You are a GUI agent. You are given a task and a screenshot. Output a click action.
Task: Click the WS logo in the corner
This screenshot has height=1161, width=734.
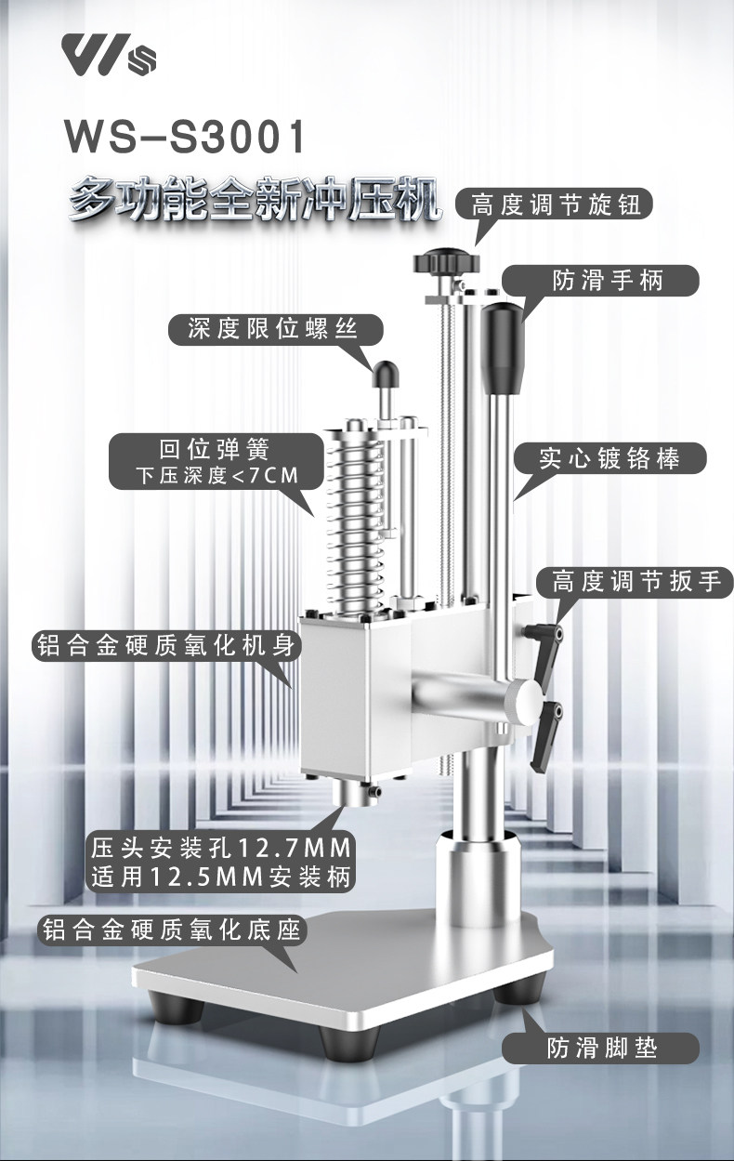110,56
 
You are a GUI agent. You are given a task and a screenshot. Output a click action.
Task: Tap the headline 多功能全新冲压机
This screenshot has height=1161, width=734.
255,199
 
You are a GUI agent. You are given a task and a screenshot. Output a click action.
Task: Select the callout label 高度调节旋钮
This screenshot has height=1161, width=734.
556,204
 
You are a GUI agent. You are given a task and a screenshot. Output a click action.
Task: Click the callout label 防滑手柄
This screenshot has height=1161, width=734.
608,282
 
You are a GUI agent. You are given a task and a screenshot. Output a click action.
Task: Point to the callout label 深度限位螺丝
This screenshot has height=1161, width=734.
273,329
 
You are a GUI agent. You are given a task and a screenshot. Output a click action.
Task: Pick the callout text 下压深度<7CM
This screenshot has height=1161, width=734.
217,475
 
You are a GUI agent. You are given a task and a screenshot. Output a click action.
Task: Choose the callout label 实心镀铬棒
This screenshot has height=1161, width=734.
609,458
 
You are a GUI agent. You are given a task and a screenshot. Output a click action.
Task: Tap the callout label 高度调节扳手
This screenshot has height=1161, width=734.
636,582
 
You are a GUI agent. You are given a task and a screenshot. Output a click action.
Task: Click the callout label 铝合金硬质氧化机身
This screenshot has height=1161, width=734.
165,645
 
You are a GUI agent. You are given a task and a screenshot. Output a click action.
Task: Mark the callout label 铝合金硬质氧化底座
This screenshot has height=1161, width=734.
172,930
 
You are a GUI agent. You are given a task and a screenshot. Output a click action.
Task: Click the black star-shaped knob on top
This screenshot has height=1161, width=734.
447,262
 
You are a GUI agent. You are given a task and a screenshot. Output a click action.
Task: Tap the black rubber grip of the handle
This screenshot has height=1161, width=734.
503,349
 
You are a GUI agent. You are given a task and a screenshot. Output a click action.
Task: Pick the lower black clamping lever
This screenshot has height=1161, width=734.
546,737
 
